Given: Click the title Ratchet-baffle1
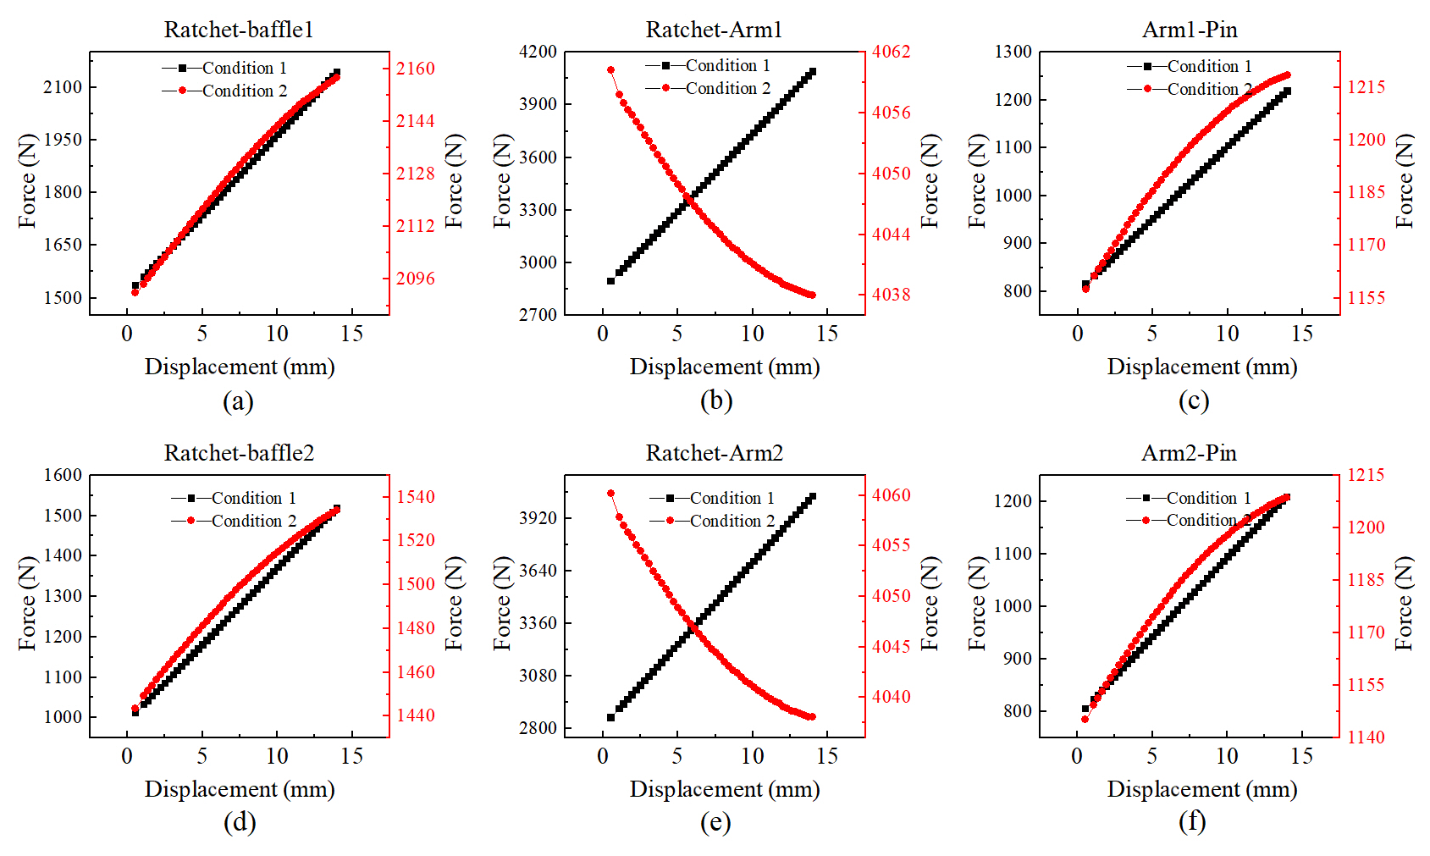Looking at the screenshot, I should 239,30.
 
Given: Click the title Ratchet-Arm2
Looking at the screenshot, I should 714,453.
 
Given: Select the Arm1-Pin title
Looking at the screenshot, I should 1190,30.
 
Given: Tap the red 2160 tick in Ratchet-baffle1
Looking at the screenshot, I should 416,69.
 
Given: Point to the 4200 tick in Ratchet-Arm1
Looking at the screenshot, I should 538,52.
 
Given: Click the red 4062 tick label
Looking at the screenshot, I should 892,52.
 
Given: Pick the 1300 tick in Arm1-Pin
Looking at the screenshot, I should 1013,52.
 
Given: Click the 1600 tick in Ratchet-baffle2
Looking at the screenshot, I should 63,475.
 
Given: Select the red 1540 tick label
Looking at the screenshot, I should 416,497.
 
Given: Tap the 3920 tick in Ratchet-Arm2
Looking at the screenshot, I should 538,518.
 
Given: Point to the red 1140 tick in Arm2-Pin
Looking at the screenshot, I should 1366,737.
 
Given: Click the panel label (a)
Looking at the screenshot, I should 238,400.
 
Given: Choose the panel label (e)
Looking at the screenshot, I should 715,822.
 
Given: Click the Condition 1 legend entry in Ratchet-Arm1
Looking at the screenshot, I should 708,65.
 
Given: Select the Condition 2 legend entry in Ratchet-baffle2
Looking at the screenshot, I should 234,521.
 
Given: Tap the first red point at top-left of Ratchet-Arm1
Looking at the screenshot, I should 610,70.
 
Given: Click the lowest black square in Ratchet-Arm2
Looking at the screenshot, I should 610,717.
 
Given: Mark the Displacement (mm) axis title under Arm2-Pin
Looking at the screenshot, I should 1201,789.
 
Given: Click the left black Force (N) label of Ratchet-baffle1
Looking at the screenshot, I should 28,180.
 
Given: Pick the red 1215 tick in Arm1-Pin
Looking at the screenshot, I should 1366,87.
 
